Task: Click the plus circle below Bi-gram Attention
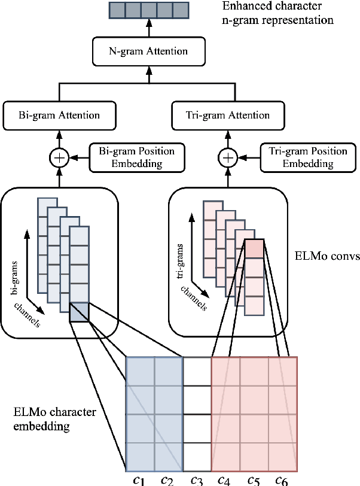click(x=59, y=158)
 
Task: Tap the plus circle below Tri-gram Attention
click(x=227, y=158)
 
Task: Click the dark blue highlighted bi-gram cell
click(x=79, y=311)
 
